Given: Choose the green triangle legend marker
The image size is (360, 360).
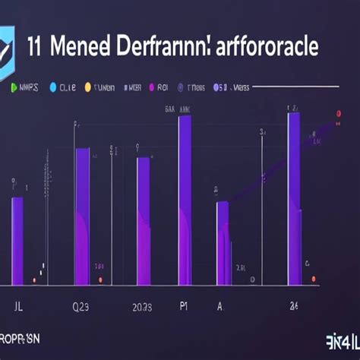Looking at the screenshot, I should pos(14,88).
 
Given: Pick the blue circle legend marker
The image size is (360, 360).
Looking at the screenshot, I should pos(52,88).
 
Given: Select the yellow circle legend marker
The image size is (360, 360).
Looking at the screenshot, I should pos(88,88).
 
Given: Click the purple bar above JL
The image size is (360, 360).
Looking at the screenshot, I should pos(17,242).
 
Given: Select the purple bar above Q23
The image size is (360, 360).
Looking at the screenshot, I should pos(83,216).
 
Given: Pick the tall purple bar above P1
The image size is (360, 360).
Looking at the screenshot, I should pos(185,201).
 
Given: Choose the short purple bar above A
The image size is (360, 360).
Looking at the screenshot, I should pos(222,243).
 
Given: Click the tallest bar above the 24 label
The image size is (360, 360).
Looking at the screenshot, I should pos(293,199).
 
